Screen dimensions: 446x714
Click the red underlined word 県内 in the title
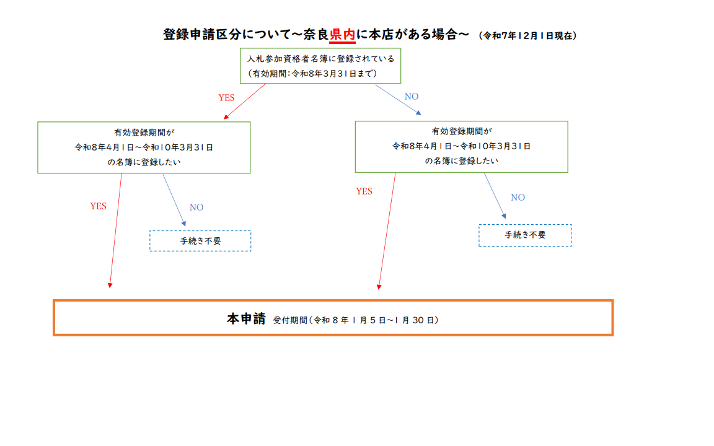[x=342, y=35]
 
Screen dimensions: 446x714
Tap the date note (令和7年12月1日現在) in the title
[x=528, y=36]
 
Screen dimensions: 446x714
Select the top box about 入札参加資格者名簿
[x=320, y=66]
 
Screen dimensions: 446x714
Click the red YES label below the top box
[x=226, y=98]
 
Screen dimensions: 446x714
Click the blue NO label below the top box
[x=412, y=97]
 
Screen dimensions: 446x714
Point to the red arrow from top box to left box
[x=245, y=101]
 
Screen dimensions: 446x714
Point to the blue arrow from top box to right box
[x=398, y=99]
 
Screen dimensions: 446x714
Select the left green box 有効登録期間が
[x=144, y=147]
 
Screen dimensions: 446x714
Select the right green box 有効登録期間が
[x=461, y=146]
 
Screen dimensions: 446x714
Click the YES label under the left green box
[x=98, y=206]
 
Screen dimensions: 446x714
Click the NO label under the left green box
[x=196, y=208]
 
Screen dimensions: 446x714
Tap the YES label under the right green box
[x=364, y=191]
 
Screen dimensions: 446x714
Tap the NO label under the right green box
[x=518, y=198]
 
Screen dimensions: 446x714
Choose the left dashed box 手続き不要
[x=200, y=241]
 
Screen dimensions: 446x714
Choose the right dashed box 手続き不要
[x=525, y=235]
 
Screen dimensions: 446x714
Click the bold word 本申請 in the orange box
[x=246, y=319]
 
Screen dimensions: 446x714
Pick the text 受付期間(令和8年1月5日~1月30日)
[x=356, y=320]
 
